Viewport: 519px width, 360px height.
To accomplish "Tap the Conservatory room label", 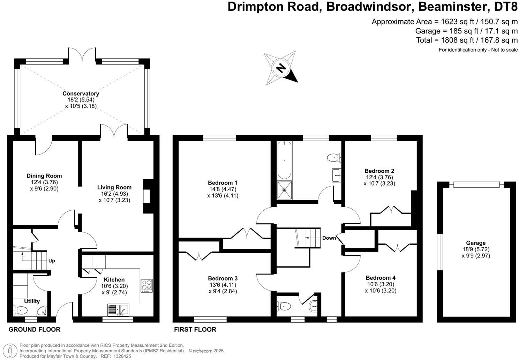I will click(81, 93).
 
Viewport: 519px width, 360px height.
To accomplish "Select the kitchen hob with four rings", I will click(147, 285).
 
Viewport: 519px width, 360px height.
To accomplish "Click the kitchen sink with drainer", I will click(118, 309).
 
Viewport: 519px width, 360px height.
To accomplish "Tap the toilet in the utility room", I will click(21, 310).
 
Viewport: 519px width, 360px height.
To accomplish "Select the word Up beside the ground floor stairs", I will click(52, 261).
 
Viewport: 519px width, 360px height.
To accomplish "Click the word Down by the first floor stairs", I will click(329, 238).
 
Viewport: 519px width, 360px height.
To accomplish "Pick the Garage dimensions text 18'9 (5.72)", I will click(476, 249).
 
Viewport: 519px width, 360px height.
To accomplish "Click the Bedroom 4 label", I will click(381, 278).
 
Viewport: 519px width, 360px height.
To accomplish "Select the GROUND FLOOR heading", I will click(34, 329).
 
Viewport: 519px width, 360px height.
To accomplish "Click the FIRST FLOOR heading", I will click(195, 329).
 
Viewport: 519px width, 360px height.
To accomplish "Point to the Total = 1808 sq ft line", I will click(467, 40).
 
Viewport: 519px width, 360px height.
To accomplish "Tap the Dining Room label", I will click(44, 176).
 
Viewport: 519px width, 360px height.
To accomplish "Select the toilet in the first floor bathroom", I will click(334, 158).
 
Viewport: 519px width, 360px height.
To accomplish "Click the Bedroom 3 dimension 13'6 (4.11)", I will click(223, 285).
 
